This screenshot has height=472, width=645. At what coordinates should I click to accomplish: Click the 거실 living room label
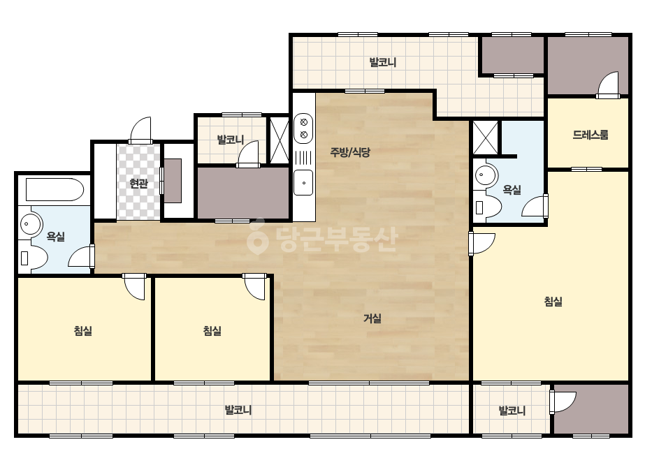pyautogui.click(x=372, y=318)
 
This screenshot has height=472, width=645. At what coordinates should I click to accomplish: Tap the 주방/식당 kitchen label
pyautogui.click(x=350, y=152)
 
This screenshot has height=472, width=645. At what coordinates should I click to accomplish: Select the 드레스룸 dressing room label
pyautogui.click(x=590, y=135)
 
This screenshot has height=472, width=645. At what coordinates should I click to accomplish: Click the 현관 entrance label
pyautogui.click(x=138, y=183)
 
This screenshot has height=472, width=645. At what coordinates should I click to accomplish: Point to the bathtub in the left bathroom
pyautogui.click(x=55, y=189)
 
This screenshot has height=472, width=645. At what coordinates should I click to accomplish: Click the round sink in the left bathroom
pyautogui.click(x=31, y=224)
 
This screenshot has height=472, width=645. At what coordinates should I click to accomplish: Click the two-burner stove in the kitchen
pyautogui.click(x=303, y=128)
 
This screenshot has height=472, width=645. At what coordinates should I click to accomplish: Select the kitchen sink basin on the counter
pyautogui.click(x=303, y=182)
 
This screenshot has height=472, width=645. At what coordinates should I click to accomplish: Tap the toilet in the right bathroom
pyautogui.click(x=488, y=207)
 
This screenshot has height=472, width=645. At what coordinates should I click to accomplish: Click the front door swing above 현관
pyautogui.click(x=140, y=129)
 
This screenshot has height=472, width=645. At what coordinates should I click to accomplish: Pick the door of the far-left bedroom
pyautogui.click(x=134, y=286)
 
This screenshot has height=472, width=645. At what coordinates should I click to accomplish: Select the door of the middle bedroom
pyautogui.click(x=254, y=286)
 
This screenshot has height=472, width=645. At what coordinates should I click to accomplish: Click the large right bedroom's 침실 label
pyautogui.click(x=553, y=302)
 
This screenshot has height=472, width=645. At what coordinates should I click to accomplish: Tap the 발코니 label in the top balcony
pyautogui.click(x=382, y=63)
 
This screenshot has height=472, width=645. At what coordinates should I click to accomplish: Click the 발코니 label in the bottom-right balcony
pyautogui.click(x=512, y=411)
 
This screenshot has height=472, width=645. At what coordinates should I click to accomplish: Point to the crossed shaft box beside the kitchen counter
pyautogui.click(x=280, y=140)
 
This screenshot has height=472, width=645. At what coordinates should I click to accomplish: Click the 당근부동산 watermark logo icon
pyautogui.click(x=257, y=237)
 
